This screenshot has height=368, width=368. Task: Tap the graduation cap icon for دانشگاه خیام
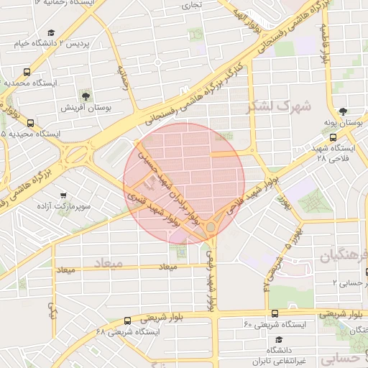click(x=51, y=33)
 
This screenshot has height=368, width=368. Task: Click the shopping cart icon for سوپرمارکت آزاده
click(x=64, y=195)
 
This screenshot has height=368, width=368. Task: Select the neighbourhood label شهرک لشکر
click(x=279, y=106)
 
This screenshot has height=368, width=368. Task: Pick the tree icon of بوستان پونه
click(x=343, y=111)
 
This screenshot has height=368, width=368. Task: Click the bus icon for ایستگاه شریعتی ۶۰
click(x=275, y=313)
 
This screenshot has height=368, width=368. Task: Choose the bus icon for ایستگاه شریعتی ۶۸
click(x=127, y=321)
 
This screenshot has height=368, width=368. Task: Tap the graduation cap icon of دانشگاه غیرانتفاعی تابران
click(x=278, y=339)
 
